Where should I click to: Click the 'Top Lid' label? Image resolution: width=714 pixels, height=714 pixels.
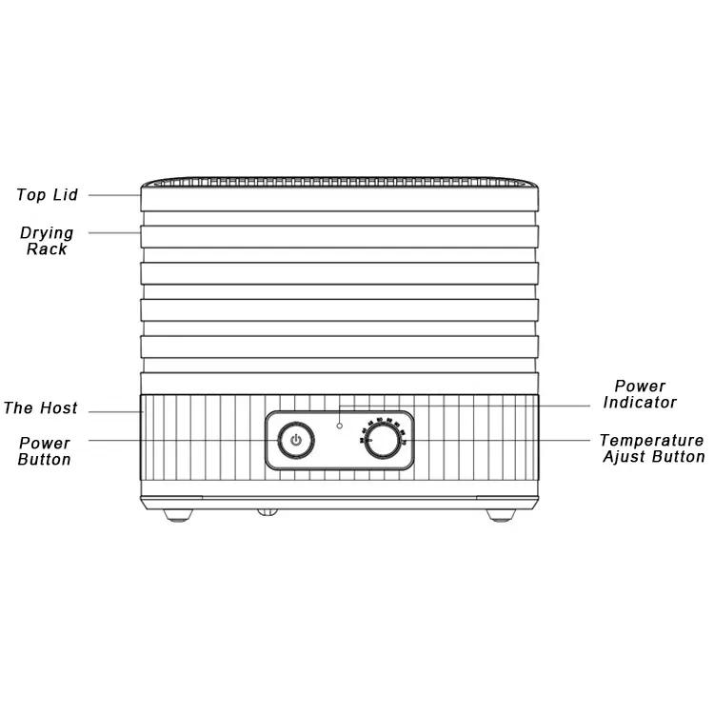point(47,195)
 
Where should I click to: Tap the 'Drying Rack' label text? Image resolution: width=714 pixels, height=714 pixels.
point(47,241)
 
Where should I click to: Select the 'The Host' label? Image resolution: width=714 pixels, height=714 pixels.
point(41,408)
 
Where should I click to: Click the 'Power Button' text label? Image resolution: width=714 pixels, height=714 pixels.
point(45,451)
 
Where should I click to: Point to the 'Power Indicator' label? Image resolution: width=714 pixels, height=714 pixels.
point(640,394)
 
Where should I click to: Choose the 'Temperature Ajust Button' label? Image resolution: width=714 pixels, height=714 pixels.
point(652,448)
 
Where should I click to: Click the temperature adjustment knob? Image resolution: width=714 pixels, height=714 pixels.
point(383,441)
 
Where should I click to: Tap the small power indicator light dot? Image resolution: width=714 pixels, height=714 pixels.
point(339,426)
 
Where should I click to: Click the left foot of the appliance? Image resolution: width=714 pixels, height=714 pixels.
point(178,515)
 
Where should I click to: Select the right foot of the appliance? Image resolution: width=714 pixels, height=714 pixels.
point(501,515)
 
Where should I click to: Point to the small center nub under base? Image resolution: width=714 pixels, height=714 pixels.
point(268,512)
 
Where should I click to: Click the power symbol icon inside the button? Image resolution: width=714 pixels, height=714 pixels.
point(296,441)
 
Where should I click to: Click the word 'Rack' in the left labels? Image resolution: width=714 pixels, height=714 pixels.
point(47,249)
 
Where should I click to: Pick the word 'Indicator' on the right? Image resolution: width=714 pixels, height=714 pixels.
point(640,403)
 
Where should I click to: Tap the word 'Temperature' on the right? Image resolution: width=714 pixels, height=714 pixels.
point(651,441)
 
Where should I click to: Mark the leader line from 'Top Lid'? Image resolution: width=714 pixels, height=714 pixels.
point(115,195)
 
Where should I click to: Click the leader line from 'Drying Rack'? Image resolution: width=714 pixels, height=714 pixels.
point(115,233)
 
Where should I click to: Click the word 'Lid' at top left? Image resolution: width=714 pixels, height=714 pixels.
point(66,195)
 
